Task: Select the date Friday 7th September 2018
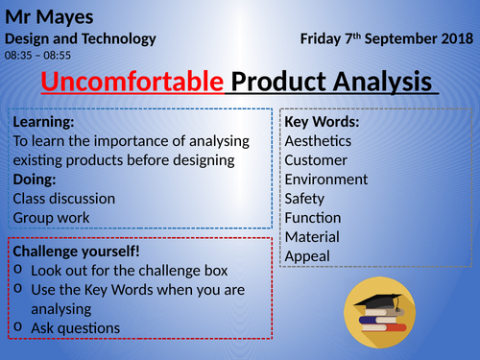pos(387,39)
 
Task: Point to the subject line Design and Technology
pos(81,39)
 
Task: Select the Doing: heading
pos(36,180)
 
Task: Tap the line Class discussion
pos(64,199)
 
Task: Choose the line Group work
pos(51,218)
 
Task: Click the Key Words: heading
pos(323,122)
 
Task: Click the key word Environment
pos(326,180)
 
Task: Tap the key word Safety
pos(305,199)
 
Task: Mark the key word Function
pos(313,218)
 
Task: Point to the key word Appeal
pos(307,256)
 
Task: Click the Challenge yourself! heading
pos(77,252)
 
